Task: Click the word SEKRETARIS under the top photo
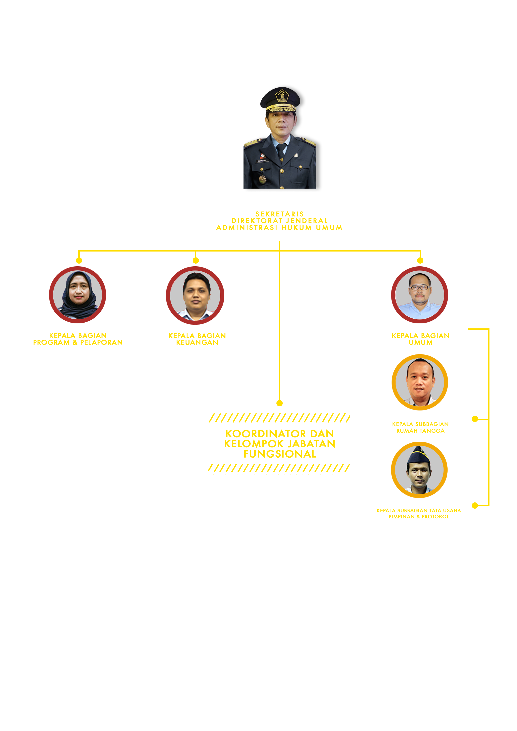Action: [279, 214]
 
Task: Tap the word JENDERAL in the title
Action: [307, 221]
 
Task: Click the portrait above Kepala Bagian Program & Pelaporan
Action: [77, 295]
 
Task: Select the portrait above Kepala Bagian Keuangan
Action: [195, 295]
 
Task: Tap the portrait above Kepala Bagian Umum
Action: [419, 295]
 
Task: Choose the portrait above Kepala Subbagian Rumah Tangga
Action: [420, 382]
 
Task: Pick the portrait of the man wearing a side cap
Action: [419, 470]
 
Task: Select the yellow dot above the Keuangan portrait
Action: [196, 260]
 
